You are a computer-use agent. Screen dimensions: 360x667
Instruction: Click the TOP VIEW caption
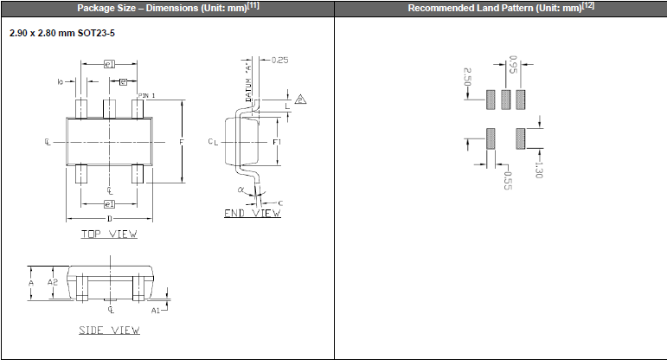click(109, 234)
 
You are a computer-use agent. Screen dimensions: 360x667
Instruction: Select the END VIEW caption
click(252, 213)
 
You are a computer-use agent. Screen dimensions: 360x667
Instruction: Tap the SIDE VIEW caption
click(109, 330)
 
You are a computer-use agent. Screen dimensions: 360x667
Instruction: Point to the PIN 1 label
click(146, 94)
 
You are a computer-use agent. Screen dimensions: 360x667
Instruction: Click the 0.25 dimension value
click(279, 60)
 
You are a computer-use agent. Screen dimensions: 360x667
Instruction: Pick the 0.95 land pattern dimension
click(513, 65)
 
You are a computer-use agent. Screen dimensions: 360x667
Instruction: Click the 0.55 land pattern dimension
click(507, 181)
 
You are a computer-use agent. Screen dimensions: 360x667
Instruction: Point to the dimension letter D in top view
click(109, 219)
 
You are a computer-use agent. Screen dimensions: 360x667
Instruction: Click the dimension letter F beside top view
click(181, 140)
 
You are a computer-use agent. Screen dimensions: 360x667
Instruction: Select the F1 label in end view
click(276, 140)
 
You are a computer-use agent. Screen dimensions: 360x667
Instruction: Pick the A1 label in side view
click(155, 309)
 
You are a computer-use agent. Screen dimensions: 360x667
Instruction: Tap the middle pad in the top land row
click(505, 99)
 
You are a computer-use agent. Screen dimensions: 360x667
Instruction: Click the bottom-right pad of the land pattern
click(521, 138)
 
